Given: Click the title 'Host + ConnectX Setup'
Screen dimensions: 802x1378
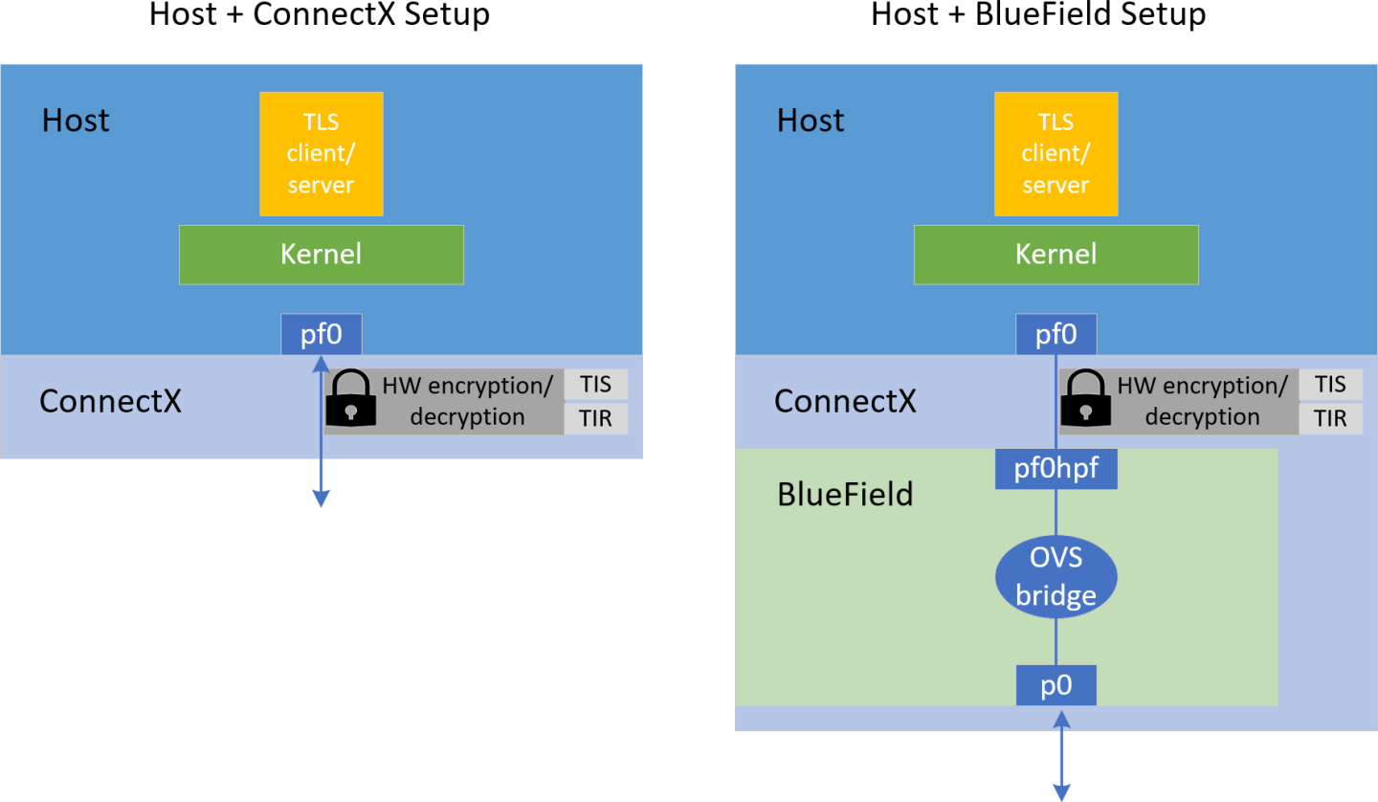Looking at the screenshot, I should (320, 16).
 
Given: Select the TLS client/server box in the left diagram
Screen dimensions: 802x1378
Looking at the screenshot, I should (321, 154).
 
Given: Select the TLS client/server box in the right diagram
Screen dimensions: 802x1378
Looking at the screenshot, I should (1056, 154).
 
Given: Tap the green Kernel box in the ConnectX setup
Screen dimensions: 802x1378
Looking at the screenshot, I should (321, 255).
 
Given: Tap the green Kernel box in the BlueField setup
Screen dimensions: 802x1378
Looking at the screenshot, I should (1056, 255).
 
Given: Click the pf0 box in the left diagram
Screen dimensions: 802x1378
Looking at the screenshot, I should (322, 335).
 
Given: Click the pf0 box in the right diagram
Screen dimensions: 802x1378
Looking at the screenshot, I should (1056, 335).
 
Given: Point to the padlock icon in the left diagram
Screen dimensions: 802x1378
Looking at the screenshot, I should (351, 399).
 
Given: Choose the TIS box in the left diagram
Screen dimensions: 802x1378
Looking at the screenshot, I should (595, 385).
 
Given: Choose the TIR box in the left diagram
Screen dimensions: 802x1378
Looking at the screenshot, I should (595, 418).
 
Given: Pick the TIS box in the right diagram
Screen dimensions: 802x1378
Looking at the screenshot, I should (1330, 385).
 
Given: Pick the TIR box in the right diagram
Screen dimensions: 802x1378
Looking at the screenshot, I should (1330, 418).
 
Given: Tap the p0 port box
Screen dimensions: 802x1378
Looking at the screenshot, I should (1056, 686).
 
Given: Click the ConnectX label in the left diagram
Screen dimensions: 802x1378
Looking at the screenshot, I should (110, 401).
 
